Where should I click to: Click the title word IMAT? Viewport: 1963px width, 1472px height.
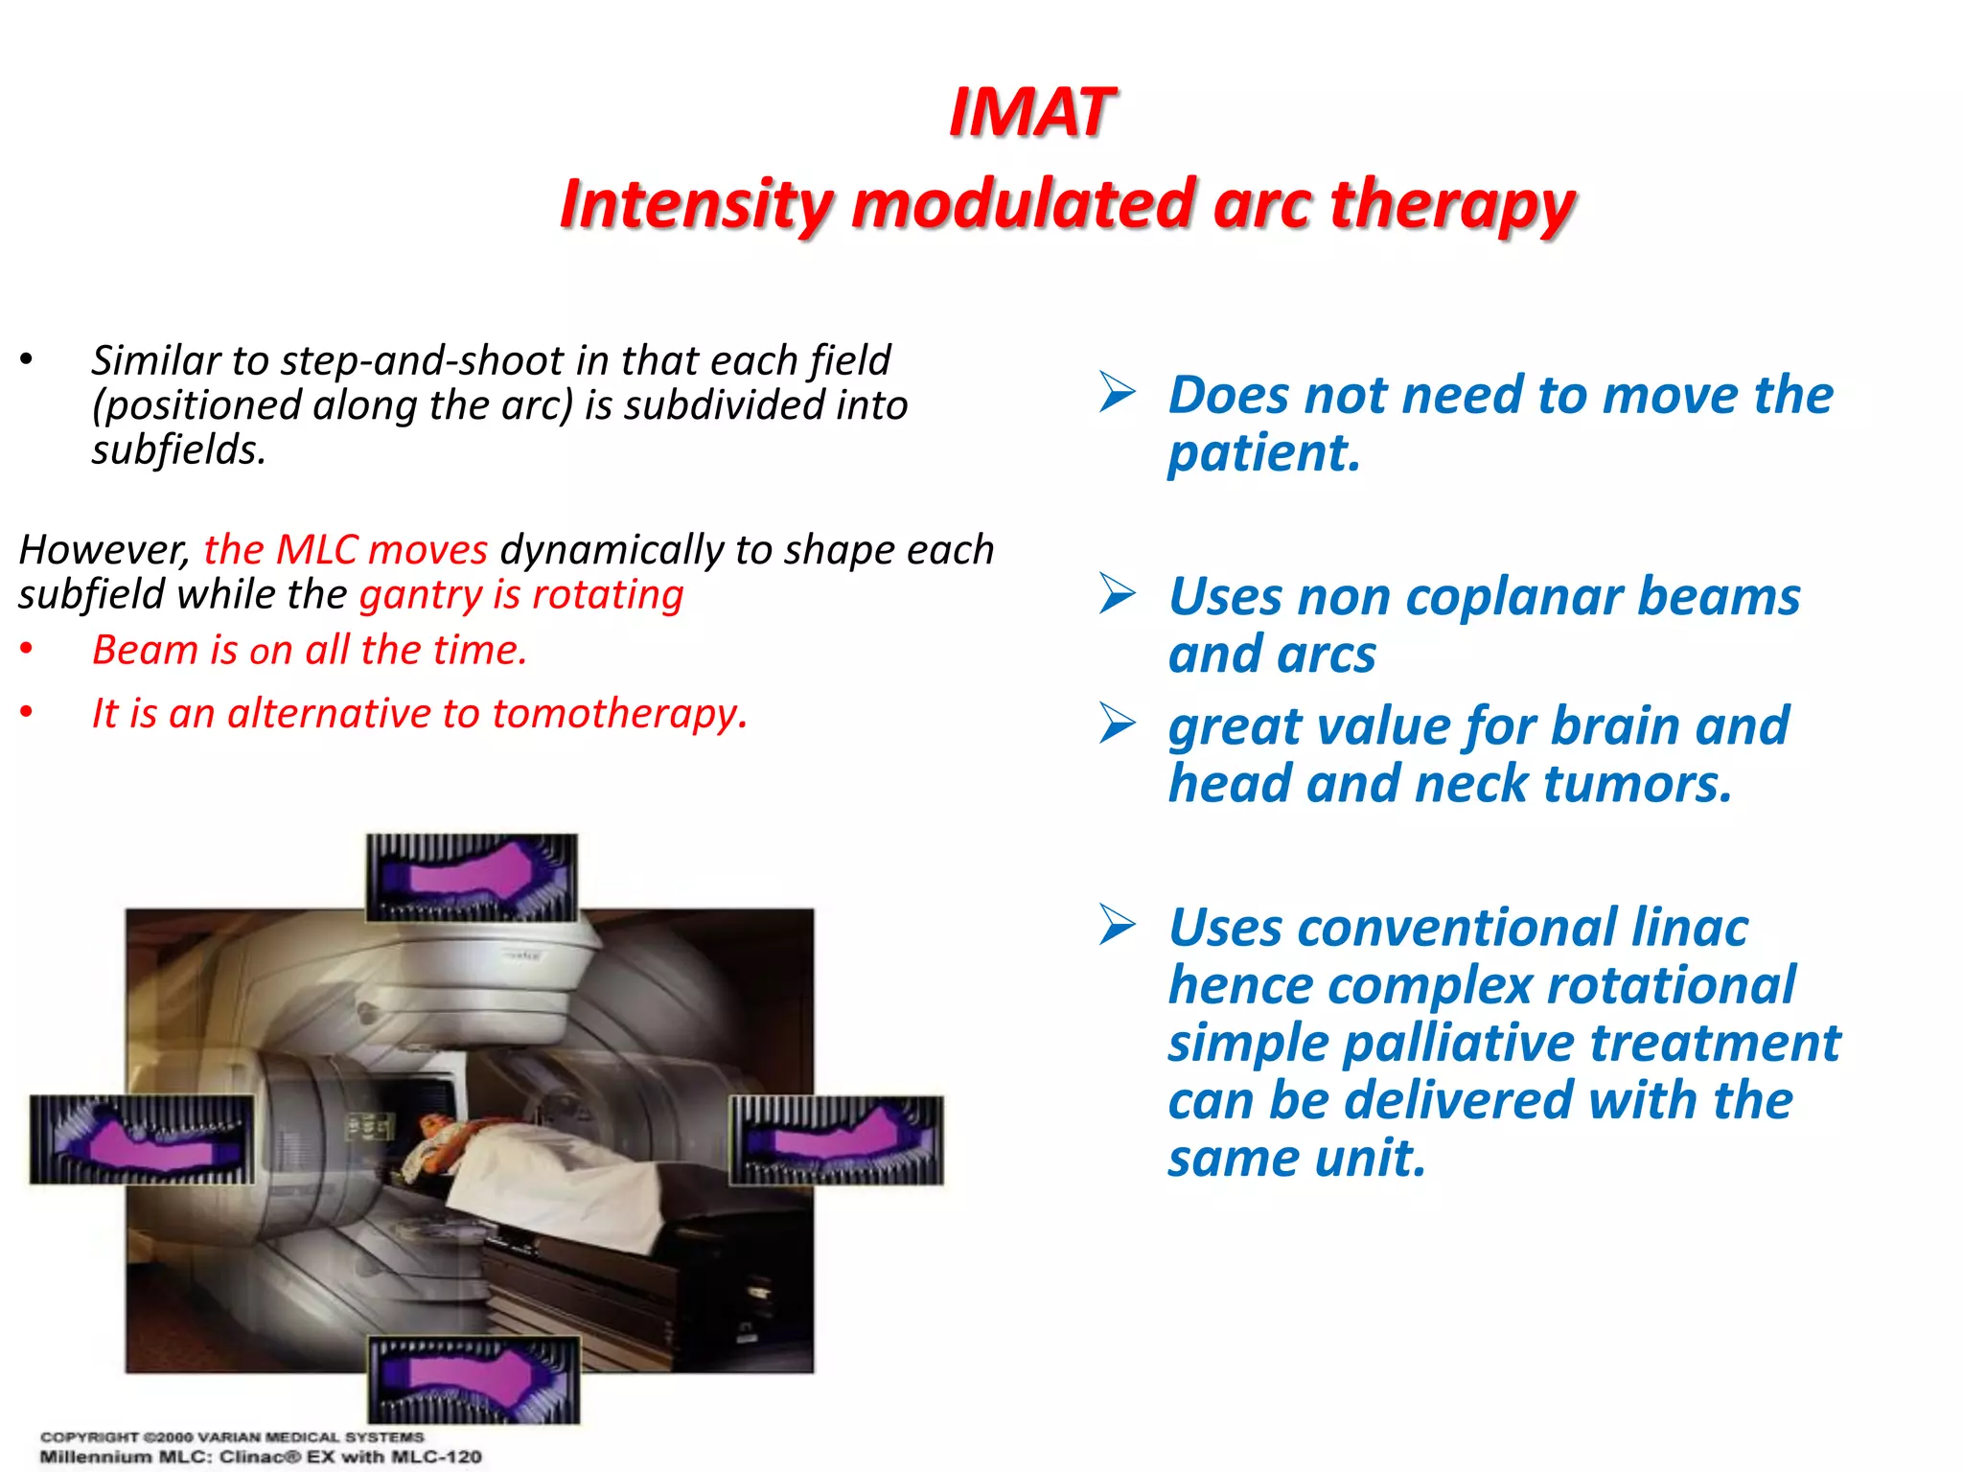pyautogui.click(x=1031, y=113)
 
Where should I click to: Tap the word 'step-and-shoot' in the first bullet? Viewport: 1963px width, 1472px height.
pyautogui.click(x=422, y=360)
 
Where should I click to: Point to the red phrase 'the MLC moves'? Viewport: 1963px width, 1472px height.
pyautogui.click(x=346, y=549)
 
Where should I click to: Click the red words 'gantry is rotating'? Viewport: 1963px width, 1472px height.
pyautogui.click(x=521, y=595)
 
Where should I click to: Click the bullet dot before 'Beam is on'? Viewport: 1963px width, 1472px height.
pyautogui.click(x=27, y=651)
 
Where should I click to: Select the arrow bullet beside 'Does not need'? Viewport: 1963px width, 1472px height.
pyautogui.click(x=1118, y=393)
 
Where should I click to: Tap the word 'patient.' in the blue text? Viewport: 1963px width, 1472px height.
pyautogui.click(x=1263, y=452)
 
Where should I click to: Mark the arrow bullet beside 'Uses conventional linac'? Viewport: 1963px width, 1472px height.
pyautogui.click(x=1118, y=925)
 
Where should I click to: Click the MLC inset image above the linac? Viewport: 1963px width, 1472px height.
pyautogui.click(x=472, y=877)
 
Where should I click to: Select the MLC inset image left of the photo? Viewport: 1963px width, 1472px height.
pyautogui.click(x=142, y=1139)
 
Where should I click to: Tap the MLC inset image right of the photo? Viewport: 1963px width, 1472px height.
pyautogui.click(x=836, y=1139)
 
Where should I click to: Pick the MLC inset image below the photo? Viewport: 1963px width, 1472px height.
pyautogui.click(x=474, y=1379)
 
